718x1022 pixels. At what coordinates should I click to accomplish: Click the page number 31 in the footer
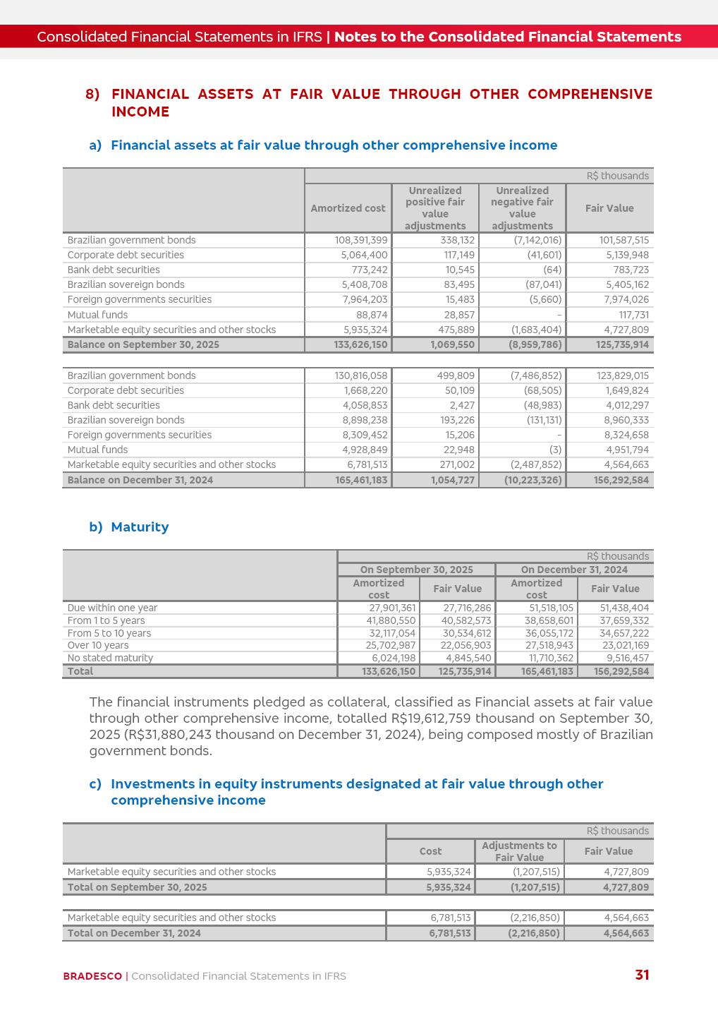point(642,975)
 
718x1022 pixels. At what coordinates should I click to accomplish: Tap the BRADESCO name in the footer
point(92,976)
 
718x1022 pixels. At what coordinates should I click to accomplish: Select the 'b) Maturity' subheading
point(129,527)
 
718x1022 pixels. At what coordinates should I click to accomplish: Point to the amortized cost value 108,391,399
point(361,240)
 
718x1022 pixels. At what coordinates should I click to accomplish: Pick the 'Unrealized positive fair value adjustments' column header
point(435,208)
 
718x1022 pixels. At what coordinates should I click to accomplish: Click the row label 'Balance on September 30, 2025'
point(143,344)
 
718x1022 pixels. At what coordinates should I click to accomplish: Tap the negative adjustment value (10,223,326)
point(533,480)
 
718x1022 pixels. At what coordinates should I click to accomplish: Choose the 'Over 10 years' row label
point(98,645)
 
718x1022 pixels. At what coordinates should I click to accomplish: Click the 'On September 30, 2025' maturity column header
point(416,570)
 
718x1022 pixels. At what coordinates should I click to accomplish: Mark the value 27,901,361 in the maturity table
point(392,608)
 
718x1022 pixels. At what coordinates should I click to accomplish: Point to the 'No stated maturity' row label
point(110,658)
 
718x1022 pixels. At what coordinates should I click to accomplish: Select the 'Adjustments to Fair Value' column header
point(519,851)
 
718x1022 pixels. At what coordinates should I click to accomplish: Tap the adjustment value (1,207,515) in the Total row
point(535,887)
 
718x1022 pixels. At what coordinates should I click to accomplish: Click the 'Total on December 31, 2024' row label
point(134,933)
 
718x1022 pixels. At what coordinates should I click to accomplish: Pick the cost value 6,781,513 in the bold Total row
point(450,933)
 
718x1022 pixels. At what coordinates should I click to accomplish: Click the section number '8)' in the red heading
point(92,95)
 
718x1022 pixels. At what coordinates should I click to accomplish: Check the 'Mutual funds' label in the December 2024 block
point(97,450)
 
